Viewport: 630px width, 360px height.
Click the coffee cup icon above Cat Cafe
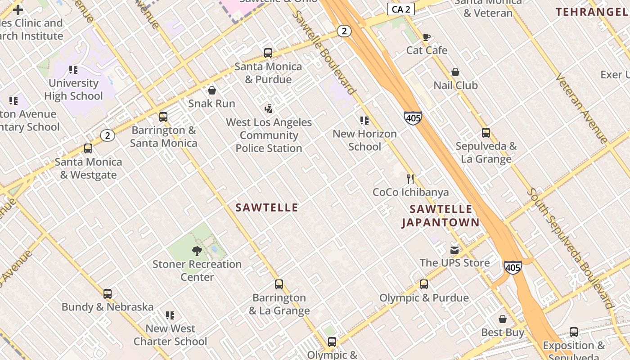pos(426,37)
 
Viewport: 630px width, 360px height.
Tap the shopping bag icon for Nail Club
pos(455,72)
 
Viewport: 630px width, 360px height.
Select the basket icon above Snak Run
pos(212,90)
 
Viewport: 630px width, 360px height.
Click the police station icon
pos(269,109)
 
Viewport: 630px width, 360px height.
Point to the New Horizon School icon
pos(364,121)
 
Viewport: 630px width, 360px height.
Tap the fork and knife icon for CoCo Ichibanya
pos(410,179)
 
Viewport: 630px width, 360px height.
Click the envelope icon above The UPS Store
pos(454,250)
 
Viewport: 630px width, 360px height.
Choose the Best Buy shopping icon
pos(503,319)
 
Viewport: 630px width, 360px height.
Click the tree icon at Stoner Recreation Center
pos(197,251)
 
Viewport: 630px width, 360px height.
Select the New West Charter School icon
pos(170,315)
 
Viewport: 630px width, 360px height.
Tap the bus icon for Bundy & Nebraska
pos(108,294)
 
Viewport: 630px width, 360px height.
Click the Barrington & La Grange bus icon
pos(279,284)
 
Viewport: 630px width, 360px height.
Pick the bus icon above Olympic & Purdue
pos(424,284)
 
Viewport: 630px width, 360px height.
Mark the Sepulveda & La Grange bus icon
pos(486,133)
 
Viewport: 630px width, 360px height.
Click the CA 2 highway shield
pos(400,9)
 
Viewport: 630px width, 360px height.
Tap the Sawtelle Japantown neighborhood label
pos(441,216)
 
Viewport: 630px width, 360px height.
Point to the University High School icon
pos(73,70)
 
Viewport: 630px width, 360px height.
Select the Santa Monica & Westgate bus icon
pos(88,148)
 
